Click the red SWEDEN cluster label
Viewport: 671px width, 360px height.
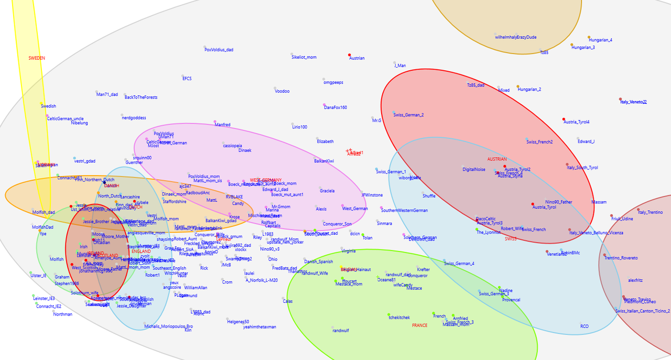pyautogui.click(x=37, y=58)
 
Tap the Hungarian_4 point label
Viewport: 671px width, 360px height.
pyautogui.click(x=600, y=40)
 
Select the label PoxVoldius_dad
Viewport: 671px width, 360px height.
pyautogui.click(x=219, y=50)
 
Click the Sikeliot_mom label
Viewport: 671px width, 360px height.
pyautogui.click(x=304, y=57)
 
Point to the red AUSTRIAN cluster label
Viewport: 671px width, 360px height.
pyautogui.click(x=497, y=159)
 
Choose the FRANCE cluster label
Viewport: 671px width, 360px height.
pyautogui.click(x=419, y=325)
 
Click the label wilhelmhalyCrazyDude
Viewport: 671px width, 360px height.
pyautogui.click(x=515, y=37)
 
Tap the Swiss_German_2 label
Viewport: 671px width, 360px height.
pyautogui.click(x=408, y=115)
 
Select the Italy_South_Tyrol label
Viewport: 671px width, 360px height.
pyautogui.click(x=582, y=168)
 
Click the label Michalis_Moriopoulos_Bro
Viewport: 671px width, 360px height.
pyautogui.click(x=168, y=326)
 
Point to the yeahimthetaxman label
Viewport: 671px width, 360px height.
pyautogui.click(x=259, y=327)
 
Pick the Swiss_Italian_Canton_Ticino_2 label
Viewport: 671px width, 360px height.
pyautogui.click(x=643, y=311)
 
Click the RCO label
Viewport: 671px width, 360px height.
pyautogui.click(x=584, y=326)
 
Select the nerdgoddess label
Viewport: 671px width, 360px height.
pyautogui.click(x=134, y=118)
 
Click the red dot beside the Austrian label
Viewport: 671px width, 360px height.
pyautogui.click(x=350, y=55)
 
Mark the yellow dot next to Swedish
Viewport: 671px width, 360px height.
pyautogui.click(x=41, y=103)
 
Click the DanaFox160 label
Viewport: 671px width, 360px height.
pyautogui.click(x=335, y=107)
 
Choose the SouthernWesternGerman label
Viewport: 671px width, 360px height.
pyautogui.click(x=404, y=211)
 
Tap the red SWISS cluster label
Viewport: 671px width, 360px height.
pyautogui.click(x=511, y=239)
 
